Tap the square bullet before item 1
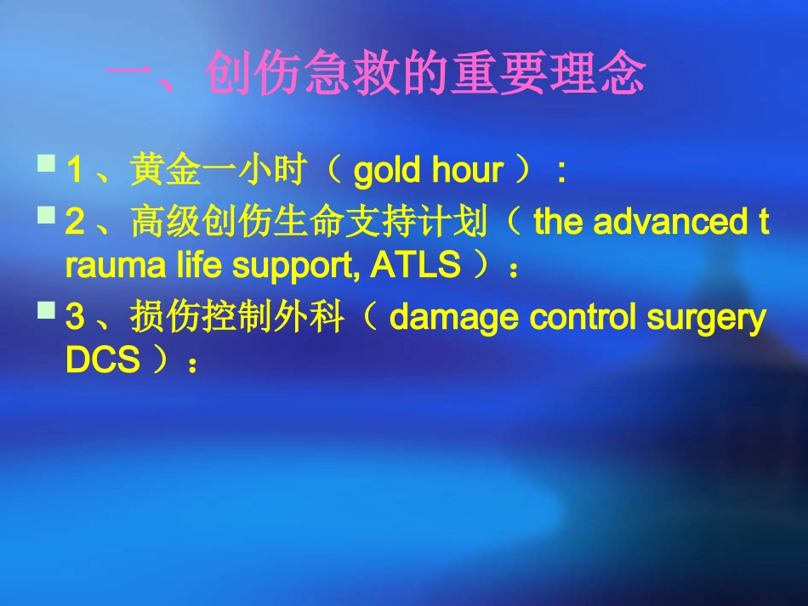pyautogui.click(x=47, y=161)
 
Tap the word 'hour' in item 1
pyautogui.click(x=467, y=172)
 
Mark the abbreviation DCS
pyautogui.click(x=102, y=361)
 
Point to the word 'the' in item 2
pyautogui.click(x=559, y=223)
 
